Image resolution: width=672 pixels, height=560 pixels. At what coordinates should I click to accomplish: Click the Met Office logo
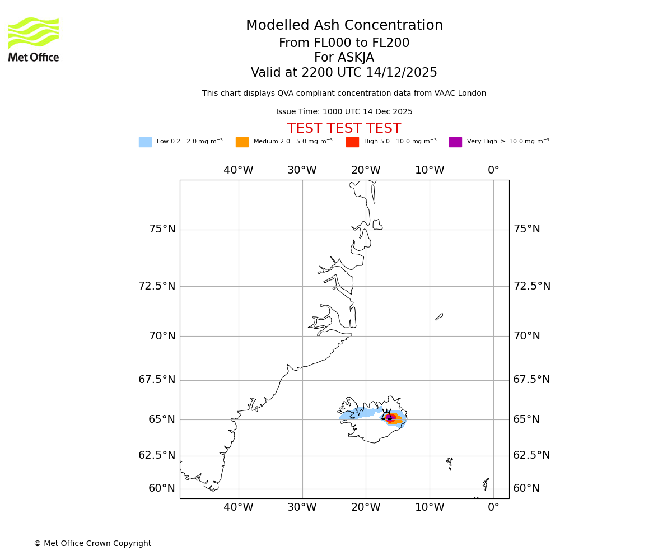(34, 39)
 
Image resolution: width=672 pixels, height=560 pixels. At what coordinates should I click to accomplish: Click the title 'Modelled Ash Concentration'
(344, 26)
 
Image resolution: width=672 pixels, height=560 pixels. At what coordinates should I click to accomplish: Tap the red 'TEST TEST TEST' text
(344, 129)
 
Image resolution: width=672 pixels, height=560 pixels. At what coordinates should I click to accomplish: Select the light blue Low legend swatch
(145, 142)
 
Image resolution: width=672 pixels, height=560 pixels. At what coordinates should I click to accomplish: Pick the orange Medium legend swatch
(242, 142)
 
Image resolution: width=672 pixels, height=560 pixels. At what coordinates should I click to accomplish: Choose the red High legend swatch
(352, 142)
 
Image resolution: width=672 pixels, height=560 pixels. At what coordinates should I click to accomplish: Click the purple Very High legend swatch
(455, 142)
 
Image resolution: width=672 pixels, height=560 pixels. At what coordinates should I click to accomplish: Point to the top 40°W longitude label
(239, 170)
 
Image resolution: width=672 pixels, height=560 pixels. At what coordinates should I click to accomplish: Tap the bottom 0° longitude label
(493, 507)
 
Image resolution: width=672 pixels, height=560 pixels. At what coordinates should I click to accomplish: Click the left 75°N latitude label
(162, 229)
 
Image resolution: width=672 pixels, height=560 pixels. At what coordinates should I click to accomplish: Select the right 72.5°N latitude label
(532, 286)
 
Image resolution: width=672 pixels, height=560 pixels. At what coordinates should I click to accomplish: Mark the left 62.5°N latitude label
(157, 455)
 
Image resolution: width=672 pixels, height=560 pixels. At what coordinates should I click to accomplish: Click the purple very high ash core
(390, 418)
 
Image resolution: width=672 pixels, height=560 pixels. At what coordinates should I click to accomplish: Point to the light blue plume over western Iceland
(358, 414)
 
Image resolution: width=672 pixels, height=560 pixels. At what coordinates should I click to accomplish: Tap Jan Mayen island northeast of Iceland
(439, 317)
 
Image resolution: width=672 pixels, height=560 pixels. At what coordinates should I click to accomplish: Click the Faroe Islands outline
(450, 463)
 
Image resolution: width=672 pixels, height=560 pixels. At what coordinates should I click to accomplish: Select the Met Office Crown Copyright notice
(92, 544)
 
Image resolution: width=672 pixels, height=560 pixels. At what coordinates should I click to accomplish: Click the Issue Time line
(344, 112)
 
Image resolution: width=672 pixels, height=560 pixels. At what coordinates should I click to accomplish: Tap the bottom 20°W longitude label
(366, 507)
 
